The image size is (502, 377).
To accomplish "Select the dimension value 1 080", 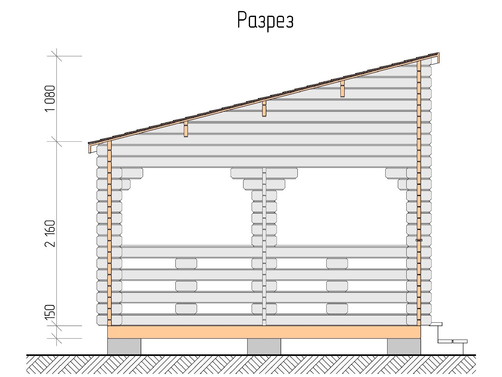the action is (x=50, y=98).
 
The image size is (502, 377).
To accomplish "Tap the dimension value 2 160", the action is (x=50, y=234).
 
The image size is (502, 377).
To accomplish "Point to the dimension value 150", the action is (x=50, y=312).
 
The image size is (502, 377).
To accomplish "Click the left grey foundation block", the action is (x=124, y=346).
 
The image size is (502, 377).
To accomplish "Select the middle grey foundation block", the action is (x=264, y=346).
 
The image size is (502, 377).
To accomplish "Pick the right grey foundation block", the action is (x=404, y=346).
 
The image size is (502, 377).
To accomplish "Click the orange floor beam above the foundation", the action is (x=264, y=332).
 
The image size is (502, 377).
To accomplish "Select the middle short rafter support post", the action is (x=264, y=109).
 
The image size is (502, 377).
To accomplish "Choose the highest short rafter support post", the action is (x=342, y=89).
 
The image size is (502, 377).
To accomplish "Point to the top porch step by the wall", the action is (x=436, y=324).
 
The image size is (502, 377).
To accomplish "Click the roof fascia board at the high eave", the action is (x=438, y=58).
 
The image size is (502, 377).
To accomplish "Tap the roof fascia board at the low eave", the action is (x=90, y=148).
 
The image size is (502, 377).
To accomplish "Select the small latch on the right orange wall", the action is (x=419, y=240).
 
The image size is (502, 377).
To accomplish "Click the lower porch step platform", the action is (x=452, y=341).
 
